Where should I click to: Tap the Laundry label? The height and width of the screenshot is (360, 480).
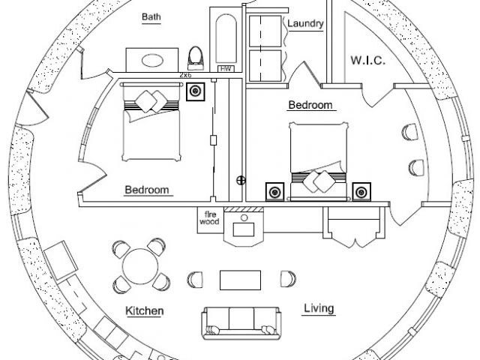coord(304,24)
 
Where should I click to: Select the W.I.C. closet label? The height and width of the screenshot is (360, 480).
coord(367,59)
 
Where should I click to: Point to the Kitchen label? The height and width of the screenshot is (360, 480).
coord(145,310)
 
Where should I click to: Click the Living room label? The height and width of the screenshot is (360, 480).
coord(319,307)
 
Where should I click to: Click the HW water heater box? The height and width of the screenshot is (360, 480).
coord(224,69)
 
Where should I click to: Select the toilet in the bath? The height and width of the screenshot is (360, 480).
coord(196,56)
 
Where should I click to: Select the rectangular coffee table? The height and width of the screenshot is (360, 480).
coord(239,279)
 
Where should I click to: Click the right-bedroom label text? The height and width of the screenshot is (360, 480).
coord(310,105)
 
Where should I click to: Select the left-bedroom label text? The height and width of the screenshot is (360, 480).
coord(146,190)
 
